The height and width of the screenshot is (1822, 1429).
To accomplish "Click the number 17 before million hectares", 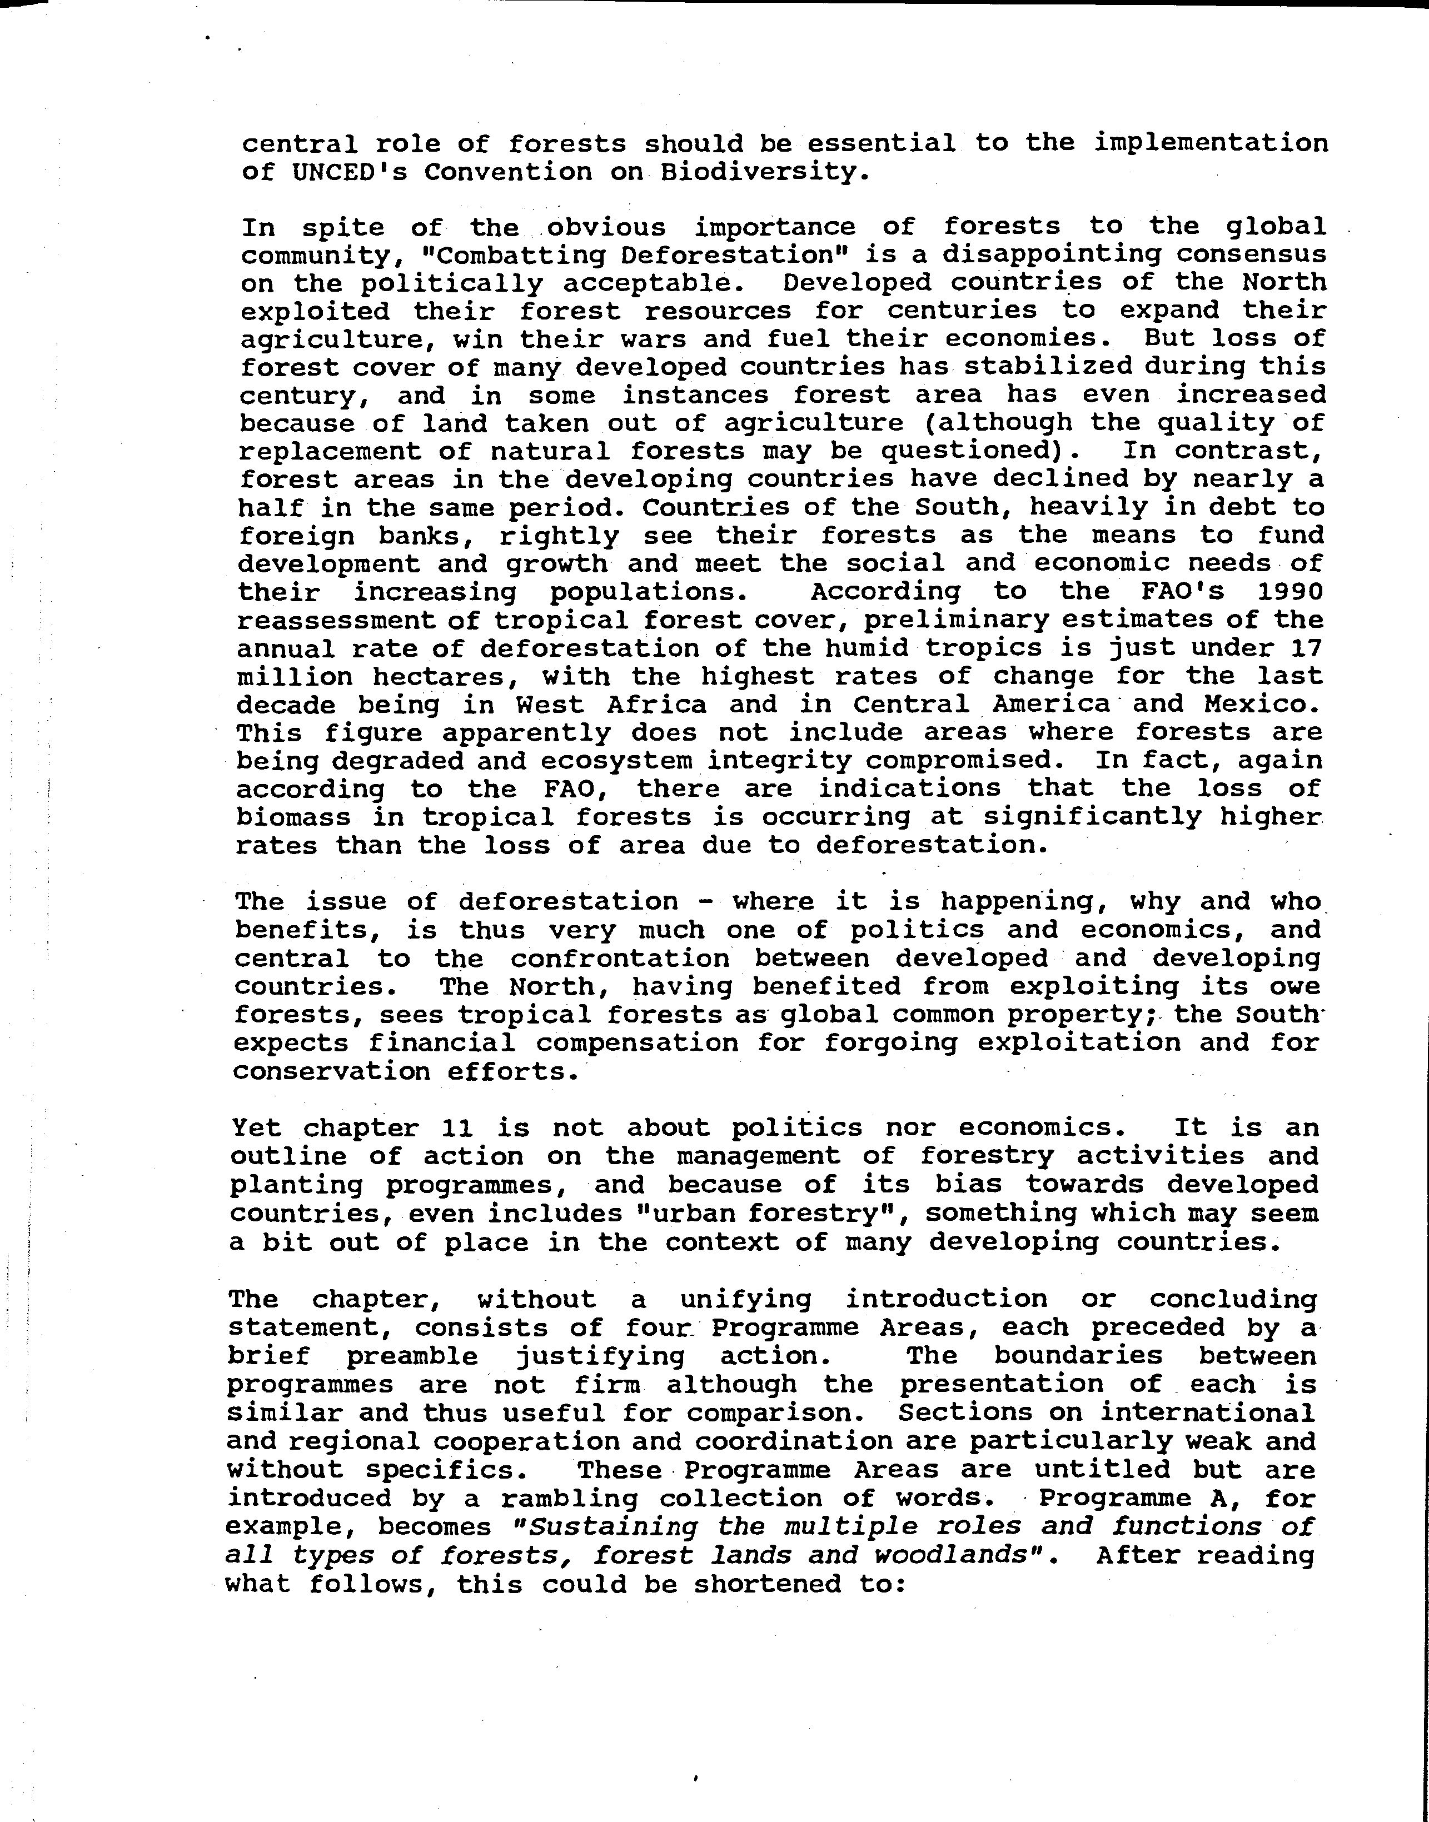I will (1307, 648).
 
